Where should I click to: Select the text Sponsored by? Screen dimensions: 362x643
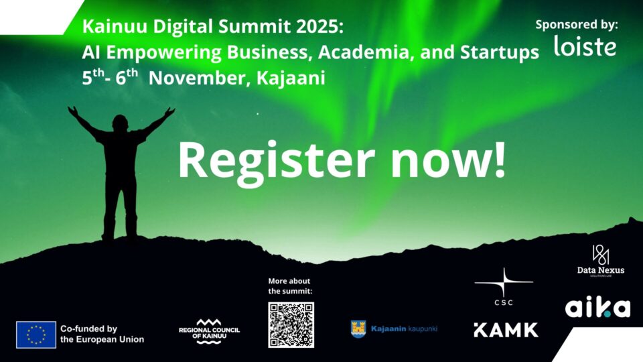click(577, 24)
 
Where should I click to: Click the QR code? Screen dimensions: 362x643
click(291, 324)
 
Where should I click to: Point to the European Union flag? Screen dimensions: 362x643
click(36, 335)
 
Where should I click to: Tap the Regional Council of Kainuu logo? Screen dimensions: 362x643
click(209, 330)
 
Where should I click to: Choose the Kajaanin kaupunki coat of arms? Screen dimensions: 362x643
click(358, 328)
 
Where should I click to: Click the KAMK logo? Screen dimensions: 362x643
click(505, 330)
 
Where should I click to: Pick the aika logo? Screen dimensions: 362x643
click(597, 308)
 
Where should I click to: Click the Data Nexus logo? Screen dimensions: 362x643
click(600, 260)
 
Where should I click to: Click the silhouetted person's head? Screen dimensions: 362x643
click(121, 122)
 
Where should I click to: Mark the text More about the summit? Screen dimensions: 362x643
click(290, 286)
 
